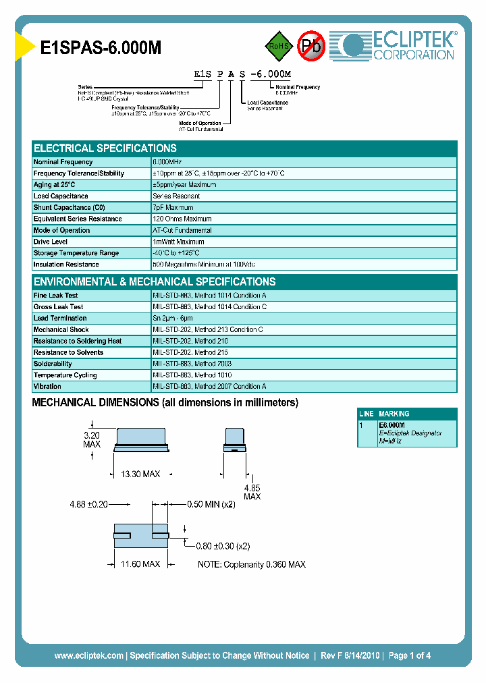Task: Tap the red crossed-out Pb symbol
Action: (312, 46)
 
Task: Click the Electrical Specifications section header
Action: (105, 148)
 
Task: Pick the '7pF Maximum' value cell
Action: (173, 207)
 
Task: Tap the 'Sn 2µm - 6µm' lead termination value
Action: (173, 318)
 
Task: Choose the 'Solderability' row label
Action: (53, 364)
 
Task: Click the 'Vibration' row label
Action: (47, 387)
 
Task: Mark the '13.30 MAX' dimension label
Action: (140, 474)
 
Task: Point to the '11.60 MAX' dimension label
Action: (140, 564)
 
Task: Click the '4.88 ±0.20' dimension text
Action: (89, 504)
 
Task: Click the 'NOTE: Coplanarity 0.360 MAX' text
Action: (252, 564)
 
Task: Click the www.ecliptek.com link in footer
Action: (88, 655)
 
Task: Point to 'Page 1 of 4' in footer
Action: (410, 655)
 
